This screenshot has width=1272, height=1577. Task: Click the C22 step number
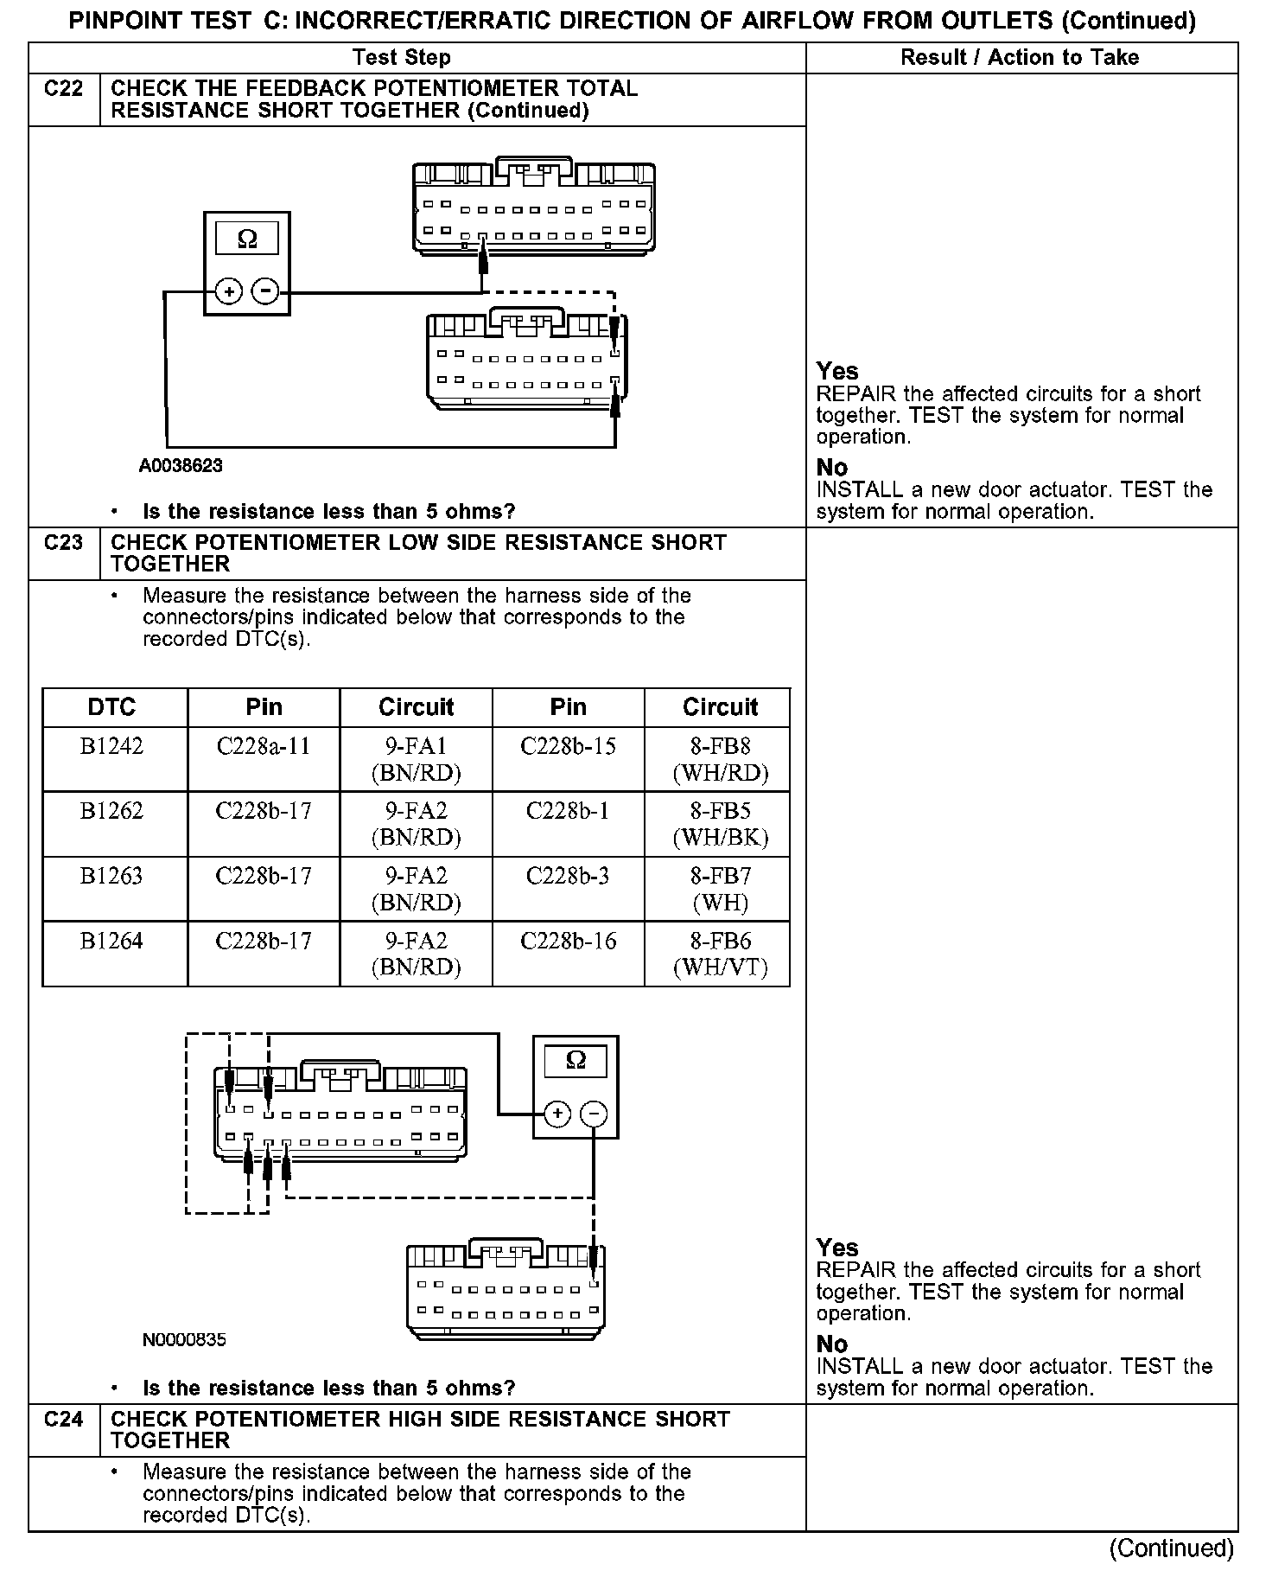(63, 88)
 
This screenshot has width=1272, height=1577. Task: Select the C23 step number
(63, 542)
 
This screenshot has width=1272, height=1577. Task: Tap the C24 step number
(63, 1419)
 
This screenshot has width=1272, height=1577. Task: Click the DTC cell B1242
(112, 746)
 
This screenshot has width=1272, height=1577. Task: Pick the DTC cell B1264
(112, 941)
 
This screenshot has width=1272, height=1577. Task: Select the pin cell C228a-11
(264, 746)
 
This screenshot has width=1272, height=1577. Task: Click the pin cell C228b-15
(568, 746)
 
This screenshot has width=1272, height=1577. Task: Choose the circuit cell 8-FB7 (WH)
(720, 889)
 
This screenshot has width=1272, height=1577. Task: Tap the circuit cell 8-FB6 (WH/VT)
(720, 954)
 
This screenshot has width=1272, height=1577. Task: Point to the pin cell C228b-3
(568, 876)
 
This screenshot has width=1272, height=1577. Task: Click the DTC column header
(112, 707)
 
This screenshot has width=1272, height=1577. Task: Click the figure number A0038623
(181, 466)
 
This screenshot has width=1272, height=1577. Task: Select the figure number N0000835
(184, 1340)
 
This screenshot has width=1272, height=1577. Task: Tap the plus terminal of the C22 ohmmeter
(228, 292)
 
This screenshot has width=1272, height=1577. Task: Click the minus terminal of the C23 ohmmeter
(593, 1114)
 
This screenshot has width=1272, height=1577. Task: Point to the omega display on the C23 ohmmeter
(576, 1060)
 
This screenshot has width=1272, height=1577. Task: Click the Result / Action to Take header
(1020, 58)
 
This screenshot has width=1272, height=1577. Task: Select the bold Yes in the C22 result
(836, 372)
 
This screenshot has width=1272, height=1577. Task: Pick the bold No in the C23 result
(832, 1344)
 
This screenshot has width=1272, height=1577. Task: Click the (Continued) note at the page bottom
(1171, 1548)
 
